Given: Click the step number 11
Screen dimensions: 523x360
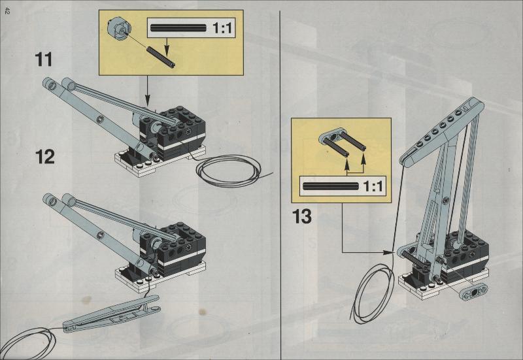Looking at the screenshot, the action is click(x=44, y=59).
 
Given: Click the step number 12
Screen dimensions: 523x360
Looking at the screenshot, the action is click(x=44, y=157).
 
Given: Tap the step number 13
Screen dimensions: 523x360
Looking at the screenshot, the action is click(x=302, y=216).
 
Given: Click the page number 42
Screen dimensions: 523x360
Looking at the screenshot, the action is click(x=7, y=11).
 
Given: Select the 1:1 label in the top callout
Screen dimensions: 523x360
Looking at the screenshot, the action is click(x=222, y=28).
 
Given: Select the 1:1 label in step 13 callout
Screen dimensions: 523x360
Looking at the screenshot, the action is click(x=373, y=186).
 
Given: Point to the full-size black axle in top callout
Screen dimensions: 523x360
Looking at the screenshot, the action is click(x=178, y=28).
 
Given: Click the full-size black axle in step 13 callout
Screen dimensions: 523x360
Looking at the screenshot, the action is click(x=331, y=186).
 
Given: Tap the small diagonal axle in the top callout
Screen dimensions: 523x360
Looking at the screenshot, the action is click(x=160, y=57).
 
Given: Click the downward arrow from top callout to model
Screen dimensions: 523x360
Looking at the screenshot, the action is click(x=148, y=90).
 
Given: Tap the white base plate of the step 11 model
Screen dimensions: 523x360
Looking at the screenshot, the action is click(x=160, y=162).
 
